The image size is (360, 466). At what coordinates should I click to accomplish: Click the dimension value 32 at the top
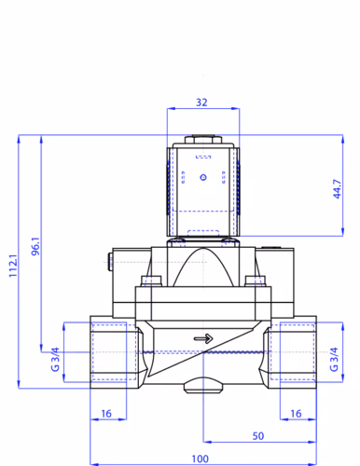[201, 103]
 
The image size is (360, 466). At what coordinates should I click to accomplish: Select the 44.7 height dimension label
[337, 189]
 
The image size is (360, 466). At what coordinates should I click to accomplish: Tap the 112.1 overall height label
[13, 266]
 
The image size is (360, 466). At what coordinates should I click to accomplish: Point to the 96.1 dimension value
[35, 246]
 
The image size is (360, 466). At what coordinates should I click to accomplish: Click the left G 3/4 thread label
[55, 360]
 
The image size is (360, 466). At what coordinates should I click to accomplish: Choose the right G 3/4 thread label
[334, 360]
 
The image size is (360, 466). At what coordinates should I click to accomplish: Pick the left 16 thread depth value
[106, 414]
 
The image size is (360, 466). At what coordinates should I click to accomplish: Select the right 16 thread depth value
[296, 414]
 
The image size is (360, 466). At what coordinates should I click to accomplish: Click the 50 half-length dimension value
[258, 436]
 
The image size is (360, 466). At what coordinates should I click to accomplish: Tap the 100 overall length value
[200, 459]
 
